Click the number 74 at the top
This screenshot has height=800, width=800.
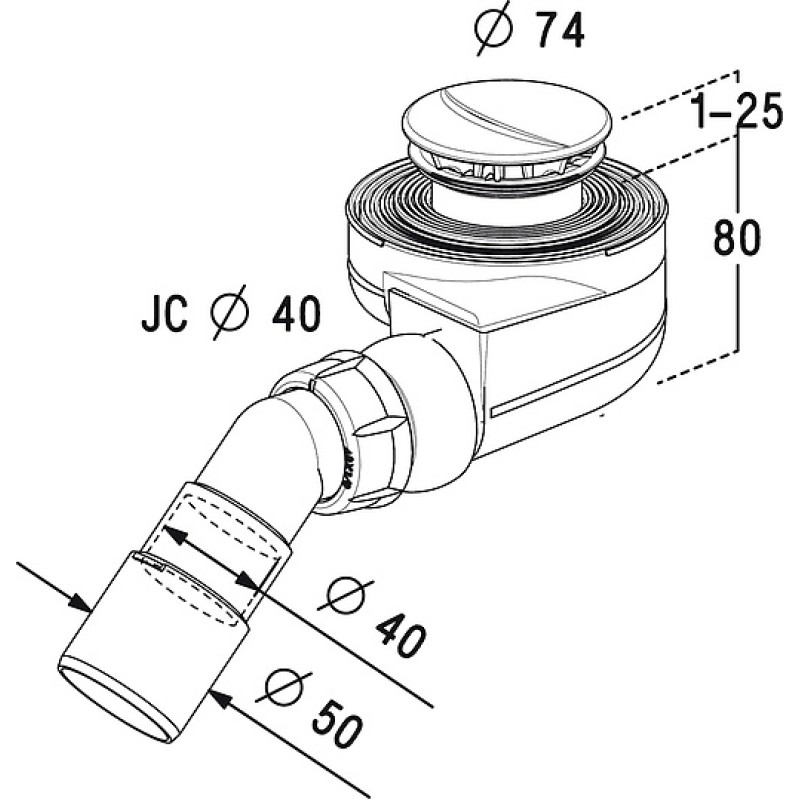pos(560,32)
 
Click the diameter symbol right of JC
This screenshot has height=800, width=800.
pos(230,312)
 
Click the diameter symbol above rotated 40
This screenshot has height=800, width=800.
pos(346,595)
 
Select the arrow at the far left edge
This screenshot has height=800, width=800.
pos(54,587)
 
